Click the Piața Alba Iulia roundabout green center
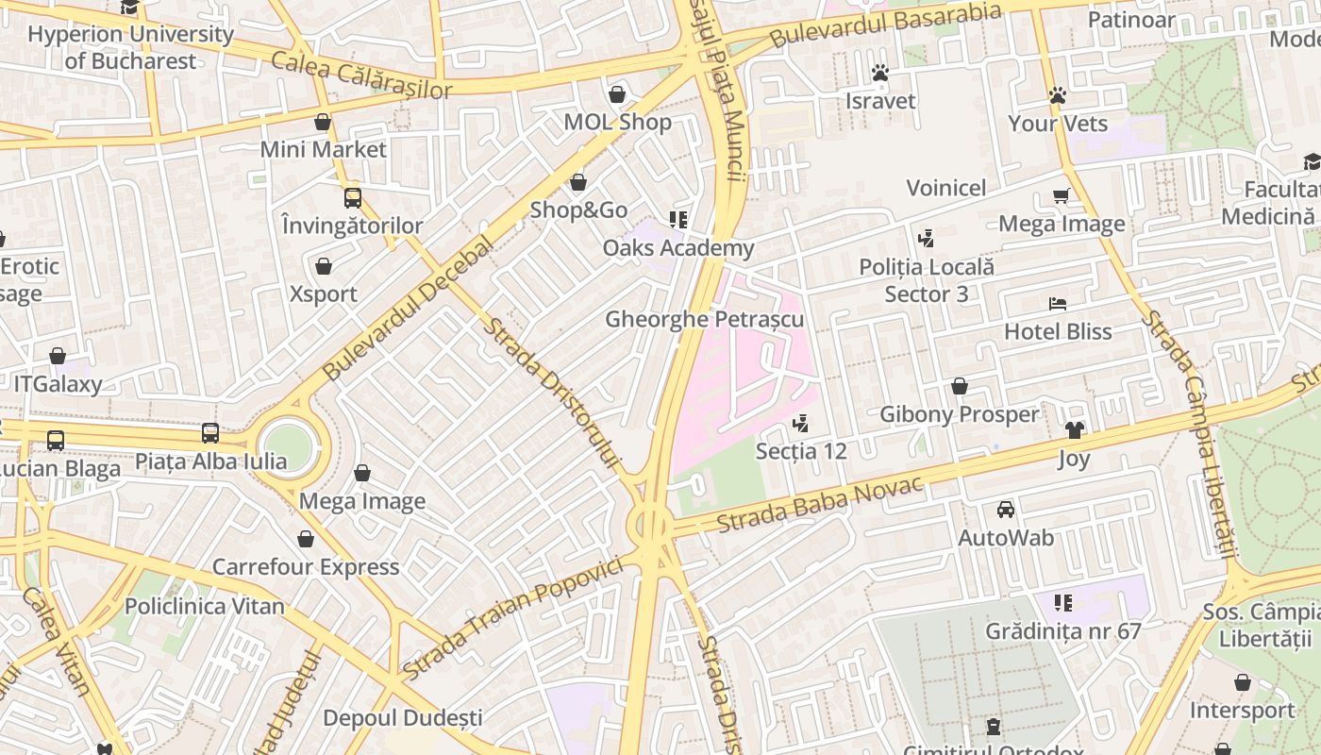[x=288, y=445]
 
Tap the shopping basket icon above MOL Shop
[x=617, y=94]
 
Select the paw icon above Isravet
[x=880, y=73]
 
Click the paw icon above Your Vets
[x=1058, y=95]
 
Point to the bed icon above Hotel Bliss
[x=1058, y=304]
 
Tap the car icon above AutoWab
[x=1006, y=510]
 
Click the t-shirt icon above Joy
[x=1074, y=430]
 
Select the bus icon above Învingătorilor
[x=352, y=198]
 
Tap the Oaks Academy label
[x=678, y=248]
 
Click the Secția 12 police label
[x=801, y=451]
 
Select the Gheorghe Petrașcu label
[x=704, y=319]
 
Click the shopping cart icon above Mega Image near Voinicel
[x=1062, y=196]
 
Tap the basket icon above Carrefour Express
[x=306, y=539]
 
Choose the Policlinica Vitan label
[x=204, y=606]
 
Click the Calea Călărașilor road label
[x=361, y=75]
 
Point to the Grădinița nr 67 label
[x=1063, y=630]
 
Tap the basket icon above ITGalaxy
[x=58, y=356]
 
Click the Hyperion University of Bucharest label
[x=130, y=47]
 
